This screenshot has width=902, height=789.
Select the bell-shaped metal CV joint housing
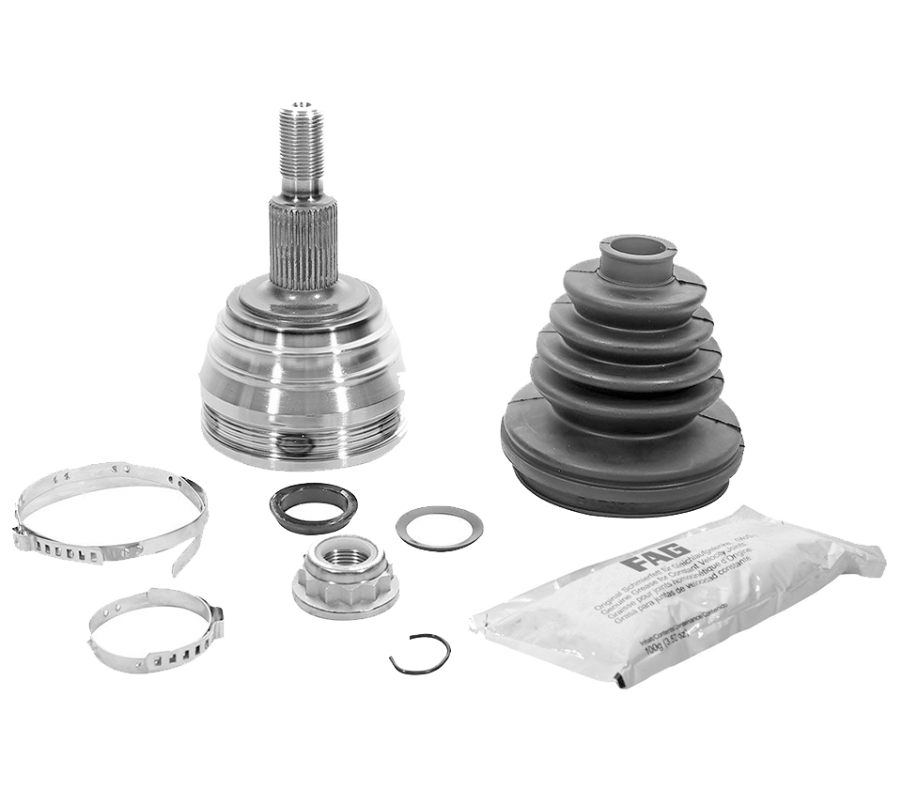[x=303, y=376]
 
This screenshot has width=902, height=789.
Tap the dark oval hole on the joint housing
[x=296, y=444]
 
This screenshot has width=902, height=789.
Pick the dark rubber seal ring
[x=313, y=507]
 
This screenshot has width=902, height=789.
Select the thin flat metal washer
[x=439, y=528]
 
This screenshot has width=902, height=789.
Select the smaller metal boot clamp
[x=155, y=629]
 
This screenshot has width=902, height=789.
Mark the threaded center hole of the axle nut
[x=344, y=555]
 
